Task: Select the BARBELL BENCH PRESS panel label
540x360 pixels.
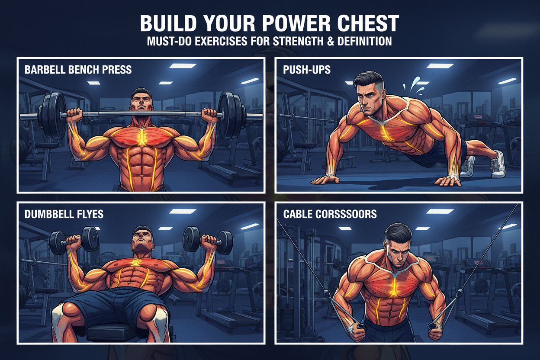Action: tap(78, 70)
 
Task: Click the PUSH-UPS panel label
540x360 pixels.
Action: tap(307, 70)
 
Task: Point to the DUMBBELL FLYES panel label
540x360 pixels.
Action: tap(64, 214)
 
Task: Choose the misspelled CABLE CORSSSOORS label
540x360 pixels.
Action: tap(330, 214)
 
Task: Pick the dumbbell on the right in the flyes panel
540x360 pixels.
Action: tap(208, 239)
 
